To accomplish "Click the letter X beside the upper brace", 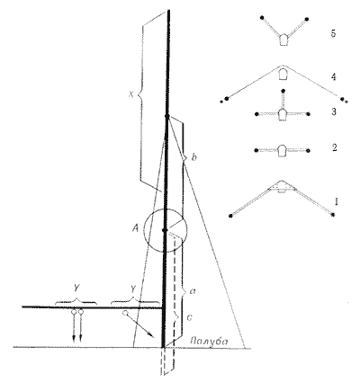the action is pyautogui.click(x=130, y=94).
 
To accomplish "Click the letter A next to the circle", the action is pyautogui.click(x=135, y=229).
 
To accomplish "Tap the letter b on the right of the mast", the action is pyautogui.click(x=193, y=157).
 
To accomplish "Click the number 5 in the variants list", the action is pyautogui.click(x=333, y=33).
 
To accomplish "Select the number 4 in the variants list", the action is pyautogui.click(x=334, y=77).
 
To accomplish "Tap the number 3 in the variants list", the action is pyautogui.click(x=334, y=112).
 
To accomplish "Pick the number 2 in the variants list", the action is pyautogui.click(x=334, y=147).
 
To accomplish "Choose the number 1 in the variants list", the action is pyautogui.click(x=337, y=201).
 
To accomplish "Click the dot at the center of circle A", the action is pyautogui.click(x=164, y=230).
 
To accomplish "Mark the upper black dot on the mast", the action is pyautogui.click(x=167, y=116).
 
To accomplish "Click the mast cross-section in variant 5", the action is pyautogui.click(x=282, y=40).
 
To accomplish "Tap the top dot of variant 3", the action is pyautogui.click(x=283, y=90).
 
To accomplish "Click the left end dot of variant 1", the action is pyautogui.click(x=230, y=216).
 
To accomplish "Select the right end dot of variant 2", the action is pyautogui.click(x=309, y=150).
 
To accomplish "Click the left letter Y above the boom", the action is pyautogui.click(x=76, y=289).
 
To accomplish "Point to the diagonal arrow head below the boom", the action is pyautogui.click(x=152, y=335).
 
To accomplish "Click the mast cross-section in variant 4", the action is pyautogui.click(x=282, y=74).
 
